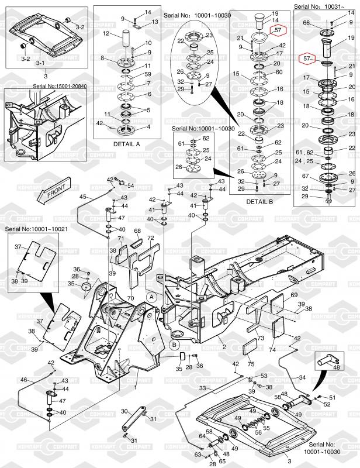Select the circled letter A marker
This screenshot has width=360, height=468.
152,297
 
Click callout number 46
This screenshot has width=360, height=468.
23,380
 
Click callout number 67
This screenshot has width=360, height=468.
305,176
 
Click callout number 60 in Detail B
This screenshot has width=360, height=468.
279,72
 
